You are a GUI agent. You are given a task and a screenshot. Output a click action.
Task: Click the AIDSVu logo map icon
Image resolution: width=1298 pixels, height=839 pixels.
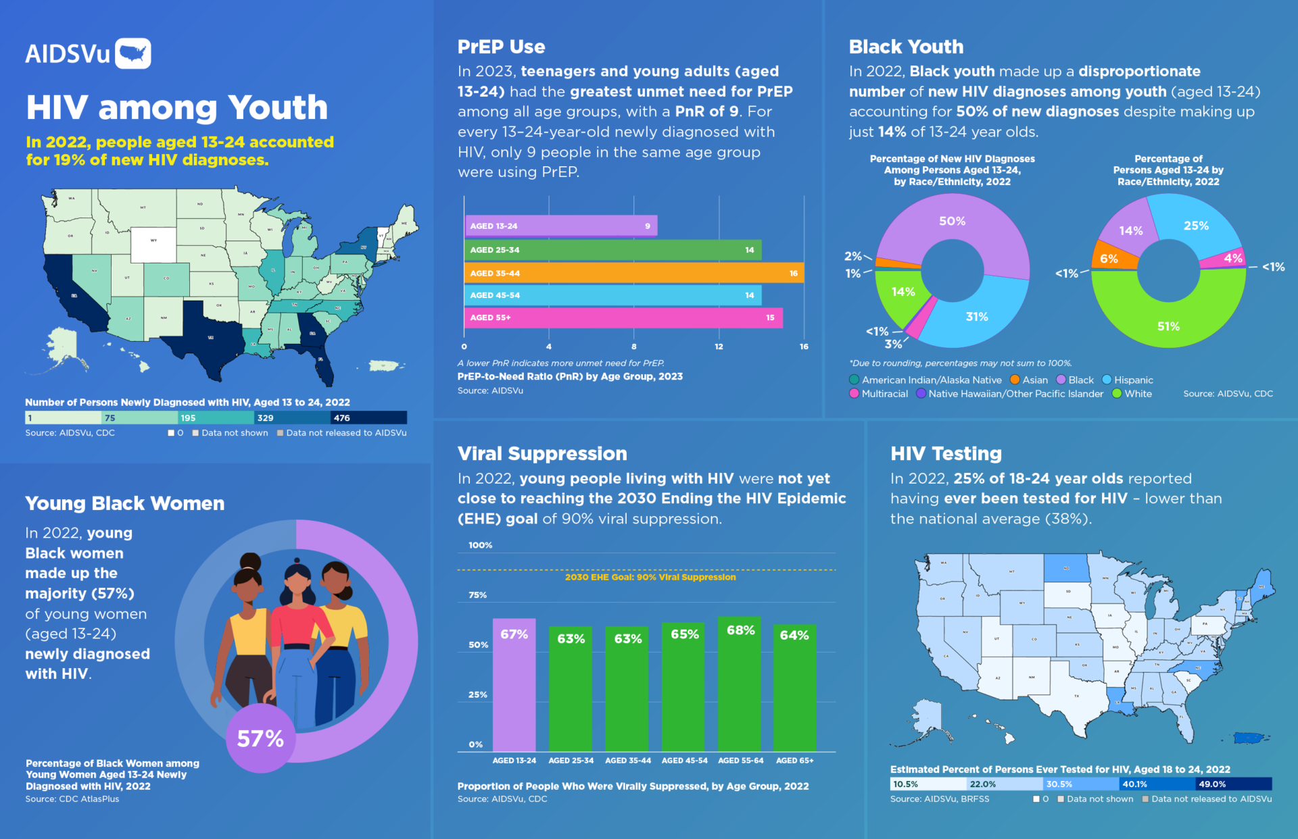coord(133,53)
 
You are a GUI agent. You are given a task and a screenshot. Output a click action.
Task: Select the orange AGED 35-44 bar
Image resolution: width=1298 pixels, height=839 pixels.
coord(633,273)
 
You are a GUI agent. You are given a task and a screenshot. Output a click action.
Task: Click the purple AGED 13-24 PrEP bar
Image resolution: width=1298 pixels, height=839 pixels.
coord(560,226)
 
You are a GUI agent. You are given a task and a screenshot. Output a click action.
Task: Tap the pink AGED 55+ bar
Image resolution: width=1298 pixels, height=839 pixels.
coord(623,317)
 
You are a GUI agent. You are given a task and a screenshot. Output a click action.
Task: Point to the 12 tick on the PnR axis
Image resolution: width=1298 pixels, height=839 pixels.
coord(719,347)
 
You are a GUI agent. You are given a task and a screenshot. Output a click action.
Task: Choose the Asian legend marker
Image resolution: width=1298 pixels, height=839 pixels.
coord(1015,380)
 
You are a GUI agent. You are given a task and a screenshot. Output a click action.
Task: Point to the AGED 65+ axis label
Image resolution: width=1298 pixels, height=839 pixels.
coord(794,761)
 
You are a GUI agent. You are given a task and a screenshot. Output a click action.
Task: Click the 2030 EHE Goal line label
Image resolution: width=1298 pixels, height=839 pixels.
coord(650,577)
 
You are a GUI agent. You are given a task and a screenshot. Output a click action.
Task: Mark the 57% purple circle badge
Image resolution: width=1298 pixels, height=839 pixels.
coord(260,738)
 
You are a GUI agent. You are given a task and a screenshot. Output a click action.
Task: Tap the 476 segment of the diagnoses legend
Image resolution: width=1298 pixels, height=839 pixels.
coord(368,418)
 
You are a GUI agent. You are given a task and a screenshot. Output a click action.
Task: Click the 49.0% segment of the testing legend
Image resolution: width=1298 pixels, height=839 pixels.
coord(1233,784)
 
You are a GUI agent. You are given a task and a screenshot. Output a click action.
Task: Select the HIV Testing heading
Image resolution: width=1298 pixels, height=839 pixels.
coord(946,453)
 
